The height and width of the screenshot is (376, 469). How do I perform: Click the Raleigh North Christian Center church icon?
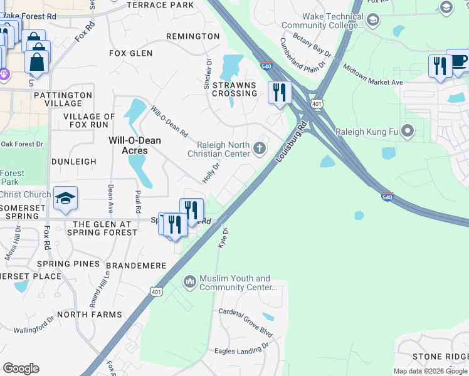coord(260,149)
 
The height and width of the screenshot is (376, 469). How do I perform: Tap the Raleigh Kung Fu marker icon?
coord(408,132)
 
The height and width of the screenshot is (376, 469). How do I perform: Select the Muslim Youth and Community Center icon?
coord(190,283)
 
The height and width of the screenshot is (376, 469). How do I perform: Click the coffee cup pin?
coord(458,60)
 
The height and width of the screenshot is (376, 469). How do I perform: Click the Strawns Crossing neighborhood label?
coord(234,89)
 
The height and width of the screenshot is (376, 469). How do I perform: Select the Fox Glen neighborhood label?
coord(131,54)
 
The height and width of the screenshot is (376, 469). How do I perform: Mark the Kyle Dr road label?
coord(223,238)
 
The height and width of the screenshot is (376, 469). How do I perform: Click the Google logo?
coord(21,368)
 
